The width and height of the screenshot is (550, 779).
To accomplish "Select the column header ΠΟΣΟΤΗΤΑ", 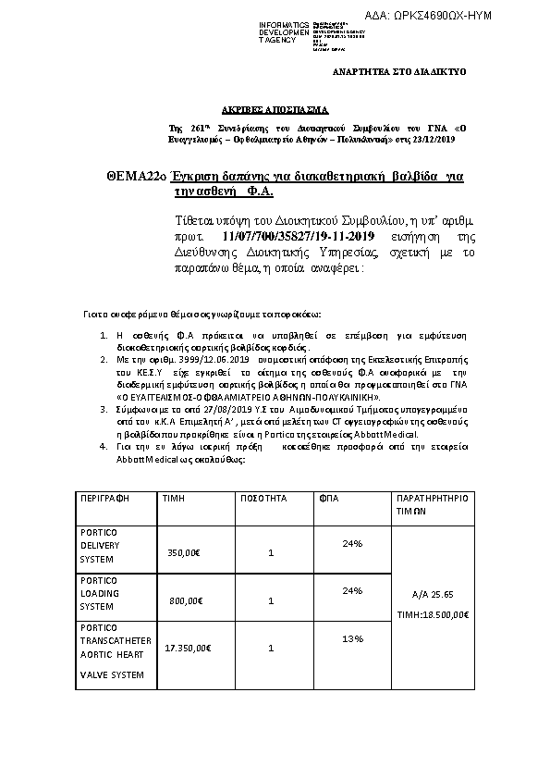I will click(x=263, y=498).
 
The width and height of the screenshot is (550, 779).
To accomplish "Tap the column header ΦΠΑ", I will click(x=328, y=498).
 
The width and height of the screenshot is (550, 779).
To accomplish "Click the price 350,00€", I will click(x=185, y=553).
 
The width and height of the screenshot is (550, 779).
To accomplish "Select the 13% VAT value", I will click(x=351, y=639).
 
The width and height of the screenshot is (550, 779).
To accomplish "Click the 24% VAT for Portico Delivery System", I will click(x=351, y=543).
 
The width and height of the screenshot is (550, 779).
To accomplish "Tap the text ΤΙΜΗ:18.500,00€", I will click(x=433, y=614).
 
